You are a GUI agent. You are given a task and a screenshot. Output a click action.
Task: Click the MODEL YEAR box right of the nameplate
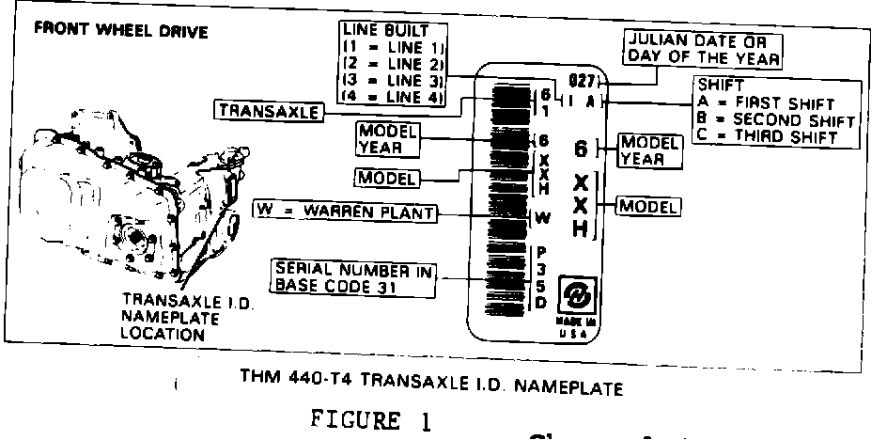click(x=649, y=150)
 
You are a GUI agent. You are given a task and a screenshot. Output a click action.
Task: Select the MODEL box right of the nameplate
click(x=648, y=205)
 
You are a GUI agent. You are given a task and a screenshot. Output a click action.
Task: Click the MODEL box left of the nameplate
click(x=384, y=177)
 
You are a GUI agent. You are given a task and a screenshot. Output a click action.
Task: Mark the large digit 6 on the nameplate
click(x=582, y=150)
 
